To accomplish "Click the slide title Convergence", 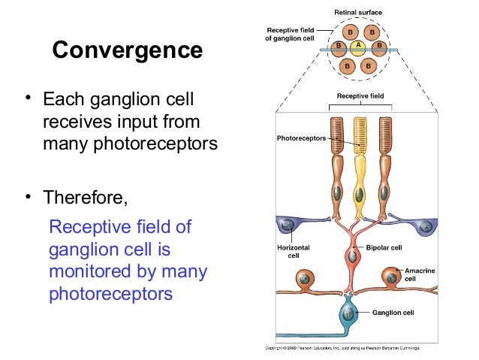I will [127, 50].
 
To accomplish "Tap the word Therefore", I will [85, 198].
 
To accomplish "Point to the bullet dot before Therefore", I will [28, 197].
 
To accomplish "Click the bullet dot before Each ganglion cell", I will [28, 98].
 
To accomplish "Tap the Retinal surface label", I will [359, 12].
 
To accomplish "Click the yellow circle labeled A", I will [359, 46].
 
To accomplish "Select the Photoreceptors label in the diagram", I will [300, 139].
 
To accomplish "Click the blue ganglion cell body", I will [348, 312].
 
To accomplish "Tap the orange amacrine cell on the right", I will [391, 277].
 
